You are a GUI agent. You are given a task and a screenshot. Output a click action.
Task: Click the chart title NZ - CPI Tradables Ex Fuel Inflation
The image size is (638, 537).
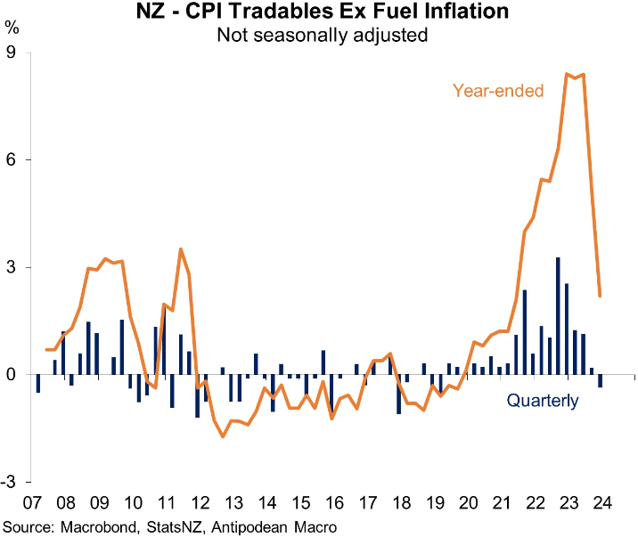coord(318,13)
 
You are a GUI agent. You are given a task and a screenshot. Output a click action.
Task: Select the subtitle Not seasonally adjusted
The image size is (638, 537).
coord(318,36)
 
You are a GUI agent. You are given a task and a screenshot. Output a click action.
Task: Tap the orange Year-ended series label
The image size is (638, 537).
coord(498,90)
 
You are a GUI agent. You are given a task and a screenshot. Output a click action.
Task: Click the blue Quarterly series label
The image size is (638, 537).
coord(543,401)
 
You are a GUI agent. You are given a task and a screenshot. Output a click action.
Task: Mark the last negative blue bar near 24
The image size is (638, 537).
coord(600,381)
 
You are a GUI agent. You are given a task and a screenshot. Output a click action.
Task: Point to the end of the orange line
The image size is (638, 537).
coord(600,296)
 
